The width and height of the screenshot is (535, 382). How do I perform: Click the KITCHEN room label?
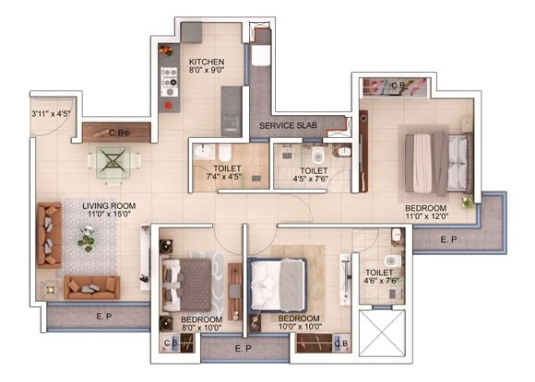(207, 62)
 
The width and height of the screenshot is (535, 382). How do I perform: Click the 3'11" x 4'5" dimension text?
(50, 115)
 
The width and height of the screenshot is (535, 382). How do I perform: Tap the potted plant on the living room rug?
(87, 241)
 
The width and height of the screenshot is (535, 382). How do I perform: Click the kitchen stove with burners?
(169, 81)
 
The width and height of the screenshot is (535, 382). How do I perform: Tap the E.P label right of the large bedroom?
(448, 238)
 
